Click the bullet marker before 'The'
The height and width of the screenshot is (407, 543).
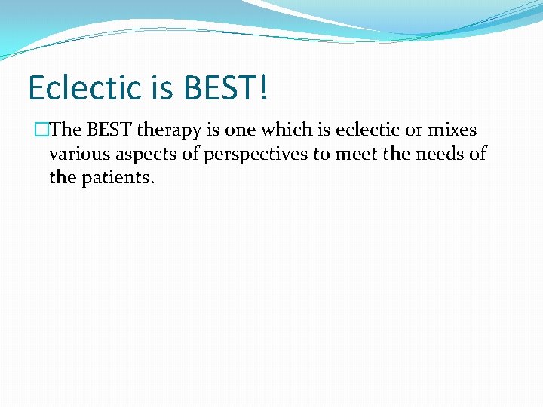point(43,130)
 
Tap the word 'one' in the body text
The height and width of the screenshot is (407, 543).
point(241,130)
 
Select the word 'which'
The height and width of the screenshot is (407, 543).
point(284,130)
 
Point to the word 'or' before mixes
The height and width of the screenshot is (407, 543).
point(414,130)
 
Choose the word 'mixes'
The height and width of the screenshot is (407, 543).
point(452,130)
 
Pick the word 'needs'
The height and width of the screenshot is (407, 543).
point(440,155)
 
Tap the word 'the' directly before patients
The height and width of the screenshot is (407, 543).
point(62,179)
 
